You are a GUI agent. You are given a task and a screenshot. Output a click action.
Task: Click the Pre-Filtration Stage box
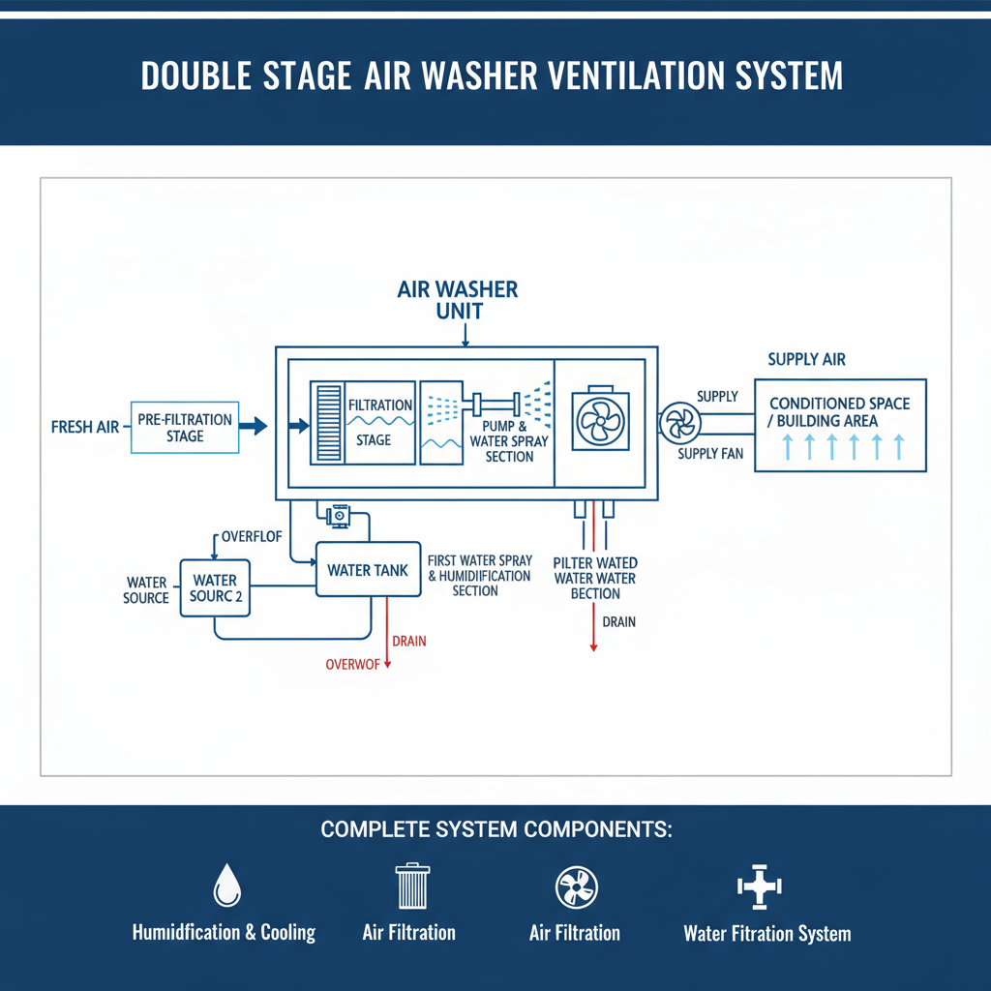click(184, 428)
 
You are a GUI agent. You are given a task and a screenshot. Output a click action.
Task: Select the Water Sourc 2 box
click(215, 588)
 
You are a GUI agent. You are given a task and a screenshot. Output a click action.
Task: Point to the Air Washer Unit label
click(458, 300)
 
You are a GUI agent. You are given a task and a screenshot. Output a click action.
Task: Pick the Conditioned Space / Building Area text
click(839, 411)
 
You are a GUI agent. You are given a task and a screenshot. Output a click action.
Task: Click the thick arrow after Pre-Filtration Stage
click(253, 425)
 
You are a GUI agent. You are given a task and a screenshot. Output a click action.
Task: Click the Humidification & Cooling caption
click(224, 933)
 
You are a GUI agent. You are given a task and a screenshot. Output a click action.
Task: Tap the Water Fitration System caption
click(766, 934)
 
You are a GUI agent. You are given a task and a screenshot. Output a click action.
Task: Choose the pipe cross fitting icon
click(759, 885)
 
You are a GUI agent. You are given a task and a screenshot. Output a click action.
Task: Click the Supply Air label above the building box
click(806, 360)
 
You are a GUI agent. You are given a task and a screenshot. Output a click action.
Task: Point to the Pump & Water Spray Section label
click(509, 441)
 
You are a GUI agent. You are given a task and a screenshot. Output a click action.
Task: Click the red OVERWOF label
click(354, 664)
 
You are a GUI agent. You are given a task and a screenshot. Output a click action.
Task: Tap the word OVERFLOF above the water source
click(252, 535)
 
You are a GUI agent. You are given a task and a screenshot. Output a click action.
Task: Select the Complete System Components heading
click(495, 830)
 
